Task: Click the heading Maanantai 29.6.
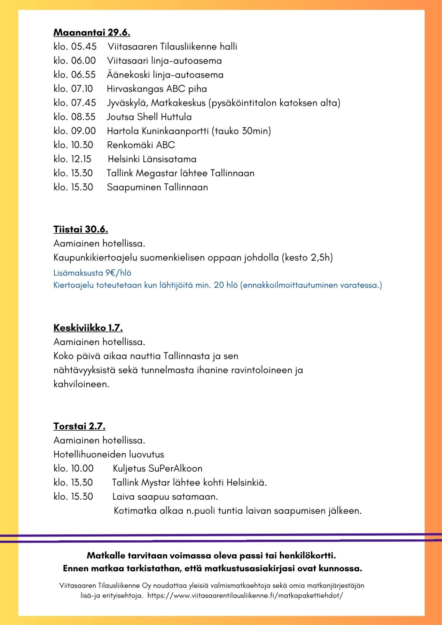(92, 33)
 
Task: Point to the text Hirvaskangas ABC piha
(157, 89)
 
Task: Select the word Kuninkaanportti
(175, 131)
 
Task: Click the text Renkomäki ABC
(141, 145)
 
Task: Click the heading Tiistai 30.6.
(80, 229)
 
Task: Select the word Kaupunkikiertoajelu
(95, 258)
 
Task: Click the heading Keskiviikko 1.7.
(88, 328)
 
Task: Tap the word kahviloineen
(81, 384)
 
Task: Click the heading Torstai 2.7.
(79, 426)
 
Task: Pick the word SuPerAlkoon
(175, 468)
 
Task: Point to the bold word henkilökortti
(307, 555)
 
